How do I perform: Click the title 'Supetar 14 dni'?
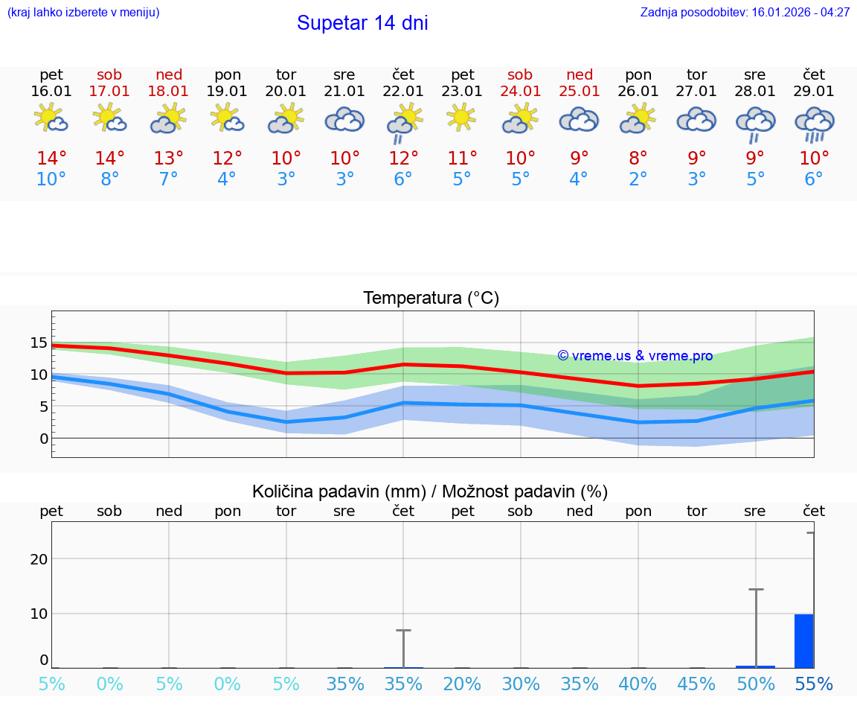(362, 23)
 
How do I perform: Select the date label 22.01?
(403, 92)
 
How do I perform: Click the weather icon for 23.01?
(462, 118)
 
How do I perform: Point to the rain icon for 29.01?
(814, 124)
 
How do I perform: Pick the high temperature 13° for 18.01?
(169, 159)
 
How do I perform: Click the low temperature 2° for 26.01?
(638, 179)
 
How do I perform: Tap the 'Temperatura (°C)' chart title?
(431, 299)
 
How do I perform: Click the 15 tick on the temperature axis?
(39, 343)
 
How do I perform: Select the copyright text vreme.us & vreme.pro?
(635, 356)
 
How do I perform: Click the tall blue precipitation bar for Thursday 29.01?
(803, 641)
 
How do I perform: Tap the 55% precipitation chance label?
(814, 684)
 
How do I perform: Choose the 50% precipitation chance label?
(755, 684)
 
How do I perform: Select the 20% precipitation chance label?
(462, 684)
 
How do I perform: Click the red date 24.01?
(520, 92)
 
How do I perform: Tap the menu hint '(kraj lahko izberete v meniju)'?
(83, 13)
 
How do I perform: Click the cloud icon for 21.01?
(344, 119)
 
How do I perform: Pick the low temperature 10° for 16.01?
(51, 179)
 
